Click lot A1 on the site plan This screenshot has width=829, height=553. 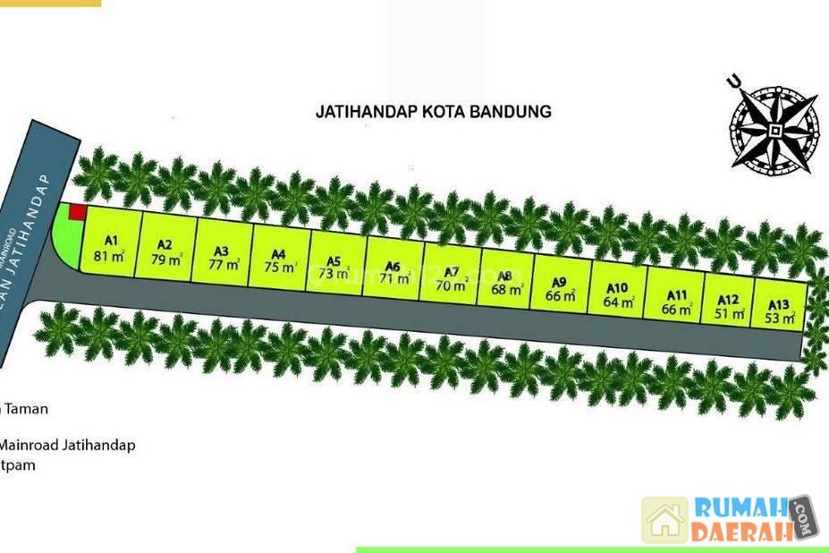pyautogui.click(x=111, y=247)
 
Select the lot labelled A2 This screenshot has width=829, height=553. pyautogui.click(x=166, y=251)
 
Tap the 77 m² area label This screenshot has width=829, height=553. pyautogui.click(x=224, y=264)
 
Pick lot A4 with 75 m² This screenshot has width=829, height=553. pyautogui.click(x=281, y=259)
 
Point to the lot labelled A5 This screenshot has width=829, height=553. pyautogui.click(x=335, y=266)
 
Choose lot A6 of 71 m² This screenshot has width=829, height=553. pyautogui.click(x=392, y=270)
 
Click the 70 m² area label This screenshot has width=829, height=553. pyautogui.click(x=451, y=287)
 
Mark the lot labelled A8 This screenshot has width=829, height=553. pyautogui.click(x=506, y=282)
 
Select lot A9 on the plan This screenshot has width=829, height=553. pyautogui.click(x=561, y=287)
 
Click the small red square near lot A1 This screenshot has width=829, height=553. pyautogui.click(x=77, y=211)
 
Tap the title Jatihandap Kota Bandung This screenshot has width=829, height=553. pyautogui.click(x=433, y=112)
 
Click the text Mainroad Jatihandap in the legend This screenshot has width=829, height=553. pyautogui.click(x=68, y=445)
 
